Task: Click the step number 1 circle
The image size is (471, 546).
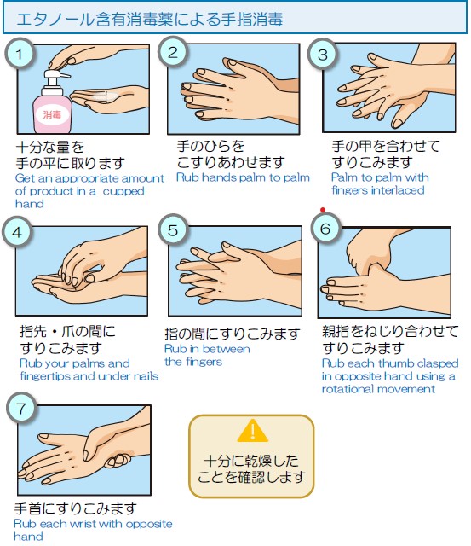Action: pos(20,53)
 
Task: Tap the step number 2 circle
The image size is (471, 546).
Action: pos(173,51)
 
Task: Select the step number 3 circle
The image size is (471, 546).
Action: pos(323,54)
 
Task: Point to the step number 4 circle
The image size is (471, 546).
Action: pos(17,232)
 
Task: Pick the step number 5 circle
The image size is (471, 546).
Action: pos(173,229)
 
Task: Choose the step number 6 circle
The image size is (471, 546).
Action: pos(325,228)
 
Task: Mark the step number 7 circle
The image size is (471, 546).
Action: pos(21,408)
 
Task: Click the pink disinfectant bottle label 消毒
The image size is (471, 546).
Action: pos(52,114)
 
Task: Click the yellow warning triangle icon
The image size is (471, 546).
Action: pos(252,430)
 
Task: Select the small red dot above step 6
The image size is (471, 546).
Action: pos(323,210)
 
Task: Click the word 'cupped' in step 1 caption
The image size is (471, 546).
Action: pos(123,191)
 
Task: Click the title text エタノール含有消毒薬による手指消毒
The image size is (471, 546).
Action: pos(149,20)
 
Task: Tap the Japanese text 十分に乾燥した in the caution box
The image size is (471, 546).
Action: pos(251,461)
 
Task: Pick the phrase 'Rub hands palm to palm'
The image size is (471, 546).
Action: pos(243,177)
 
